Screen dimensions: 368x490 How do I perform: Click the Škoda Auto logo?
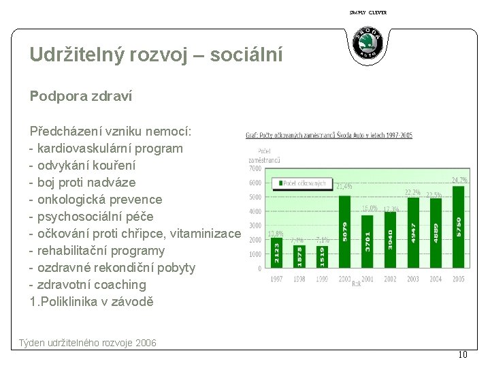click(x=368, y=44)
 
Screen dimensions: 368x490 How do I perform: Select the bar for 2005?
click(x=458, y=226)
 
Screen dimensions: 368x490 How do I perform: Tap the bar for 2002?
click(x=390, y=239)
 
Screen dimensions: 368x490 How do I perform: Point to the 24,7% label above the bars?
click(x=459, y=180)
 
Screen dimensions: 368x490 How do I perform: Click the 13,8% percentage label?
click(x=276, y=234)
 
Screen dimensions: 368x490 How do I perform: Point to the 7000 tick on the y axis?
click(x=255, y=168)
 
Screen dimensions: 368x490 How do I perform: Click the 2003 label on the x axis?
click(x=413, y=279)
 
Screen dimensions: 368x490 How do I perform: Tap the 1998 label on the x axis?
click(x=299, y=279)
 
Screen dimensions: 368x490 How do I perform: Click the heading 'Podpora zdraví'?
click(x=81, y=97)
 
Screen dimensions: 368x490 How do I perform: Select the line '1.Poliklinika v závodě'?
click(x=92, y=301)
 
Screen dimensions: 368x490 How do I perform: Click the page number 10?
click(x=463, y=354)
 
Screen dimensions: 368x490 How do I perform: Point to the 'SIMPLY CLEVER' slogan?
click(x=367, y=12)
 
